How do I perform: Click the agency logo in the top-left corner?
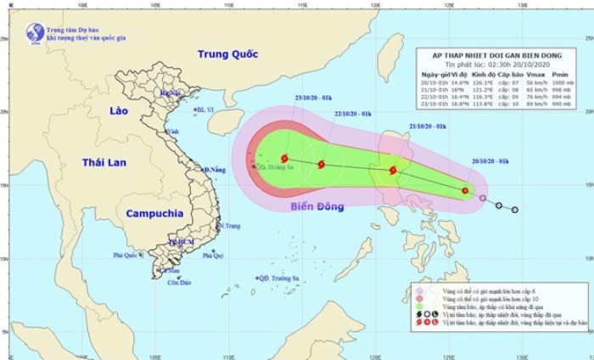coord(35,33)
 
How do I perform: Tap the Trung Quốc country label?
coord(227,54)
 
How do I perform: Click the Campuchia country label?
coord(155,213)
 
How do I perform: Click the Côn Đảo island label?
coord(177,282)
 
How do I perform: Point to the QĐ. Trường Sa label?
coord(281,278)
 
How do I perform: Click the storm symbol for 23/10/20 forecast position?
coord(283,159)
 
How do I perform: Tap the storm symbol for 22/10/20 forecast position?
coord(321,166)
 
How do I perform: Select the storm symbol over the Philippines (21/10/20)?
coord(393,171)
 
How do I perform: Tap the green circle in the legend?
coord(417,309)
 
